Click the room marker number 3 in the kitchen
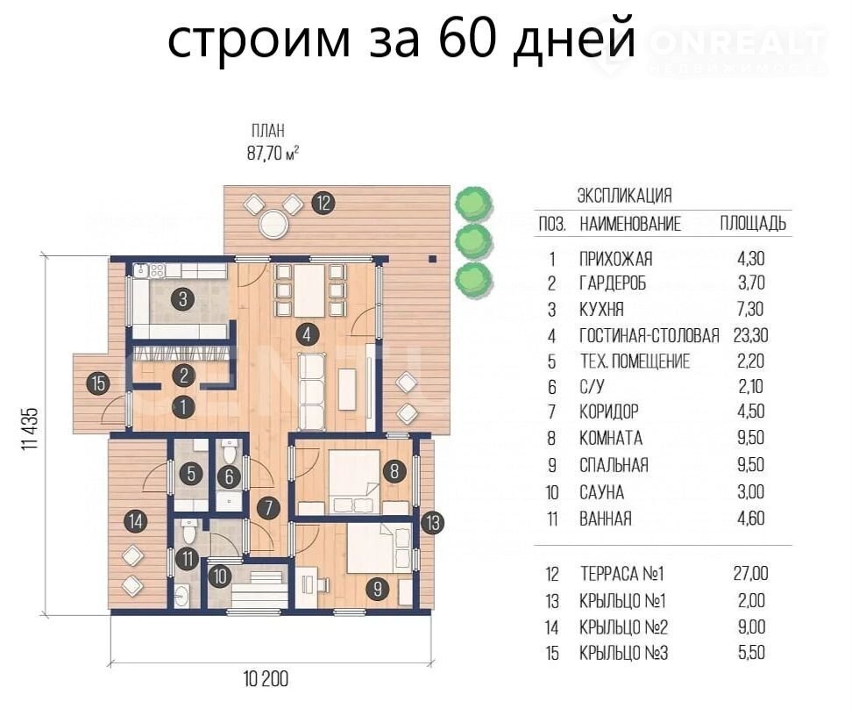click(182, 298)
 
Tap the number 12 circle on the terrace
click(323, 203)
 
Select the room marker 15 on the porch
click(98, 383)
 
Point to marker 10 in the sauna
click(220, 576)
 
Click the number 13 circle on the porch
click(432, 523)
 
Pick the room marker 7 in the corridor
click(268, 508)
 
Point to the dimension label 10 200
click(266, 679)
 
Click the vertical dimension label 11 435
click(30, 428)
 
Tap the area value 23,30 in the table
click(751, 335)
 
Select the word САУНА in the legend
click(601, 492)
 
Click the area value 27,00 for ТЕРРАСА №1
click(751, 574)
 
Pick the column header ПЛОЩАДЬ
click(753, 223)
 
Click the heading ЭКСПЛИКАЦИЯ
click(624, 196)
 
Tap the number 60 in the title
click(467, 38)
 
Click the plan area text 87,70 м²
click(273, 154)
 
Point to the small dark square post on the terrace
click(432, 259)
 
